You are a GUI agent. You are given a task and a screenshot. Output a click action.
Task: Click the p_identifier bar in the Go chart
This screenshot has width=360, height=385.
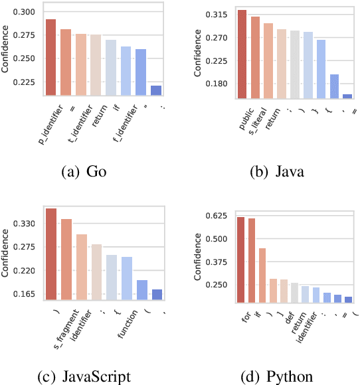[50, 57]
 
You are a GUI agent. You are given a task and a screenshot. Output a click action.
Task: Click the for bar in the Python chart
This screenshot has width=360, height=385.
[240, 260]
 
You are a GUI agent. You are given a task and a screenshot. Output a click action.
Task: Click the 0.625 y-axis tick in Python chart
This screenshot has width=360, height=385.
[217, 216]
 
